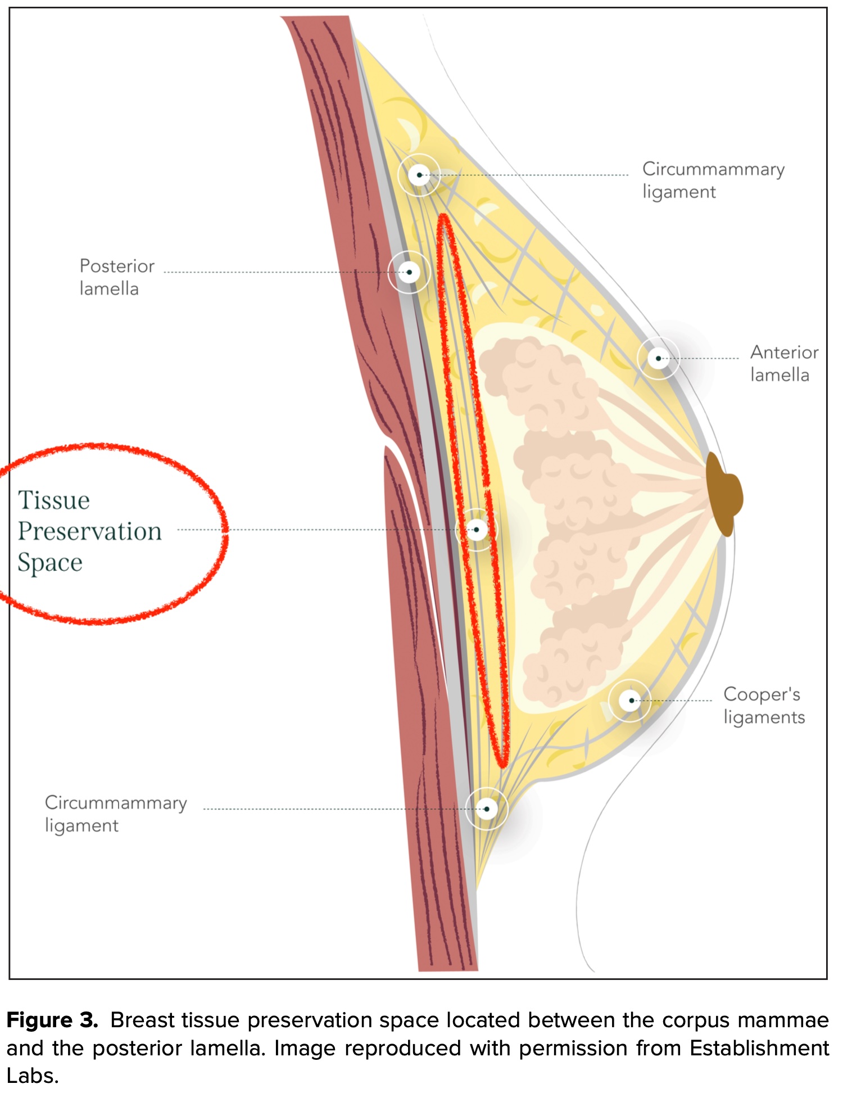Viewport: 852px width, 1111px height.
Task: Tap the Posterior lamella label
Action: [116, 277]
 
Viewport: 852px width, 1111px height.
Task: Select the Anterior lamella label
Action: [784, 363]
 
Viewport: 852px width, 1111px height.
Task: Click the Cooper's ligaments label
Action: [764, 706]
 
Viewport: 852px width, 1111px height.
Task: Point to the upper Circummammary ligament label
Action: [713, 180]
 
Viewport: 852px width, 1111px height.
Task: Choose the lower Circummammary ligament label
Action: [115, 814]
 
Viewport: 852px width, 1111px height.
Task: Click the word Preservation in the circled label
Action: [90, 531]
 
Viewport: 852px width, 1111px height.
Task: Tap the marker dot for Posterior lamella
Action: [409, 272]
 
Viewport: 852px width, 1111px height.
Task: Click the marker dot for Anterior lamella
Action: [658, 358]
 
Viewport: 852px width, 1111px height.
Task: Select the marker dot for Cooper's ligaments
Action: [631, 701]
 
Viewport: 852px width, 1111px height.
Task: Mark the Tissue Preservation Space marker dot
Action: [477, 530]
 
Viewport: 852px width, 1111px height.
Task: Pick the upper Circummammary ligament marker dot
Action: [419, 175]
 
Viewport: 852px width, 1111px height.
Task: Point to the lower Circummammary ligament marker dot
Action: [487, 809]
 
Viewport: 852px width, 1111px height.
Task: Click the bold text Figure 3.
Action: [52, 1020]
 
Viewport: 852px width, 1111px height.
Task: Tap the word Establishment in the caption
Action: [759, 1049]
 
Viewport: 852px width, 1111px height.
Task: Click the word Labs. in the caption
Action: [33, 1076]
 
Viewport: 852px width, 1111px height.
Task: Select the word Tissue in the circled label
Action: [54, 500]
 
